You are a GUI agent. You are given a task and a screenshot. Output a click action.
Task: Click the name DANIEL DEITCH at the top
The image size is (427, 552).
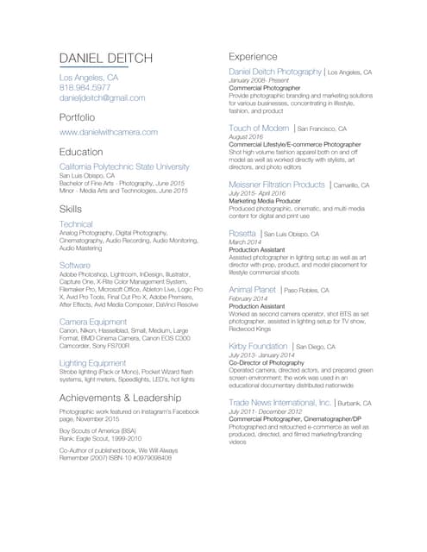click(x=105, y=58)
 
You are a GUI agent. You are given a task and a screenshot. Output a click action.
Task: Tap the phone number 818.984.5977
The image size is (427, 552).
click(x=85, y=88)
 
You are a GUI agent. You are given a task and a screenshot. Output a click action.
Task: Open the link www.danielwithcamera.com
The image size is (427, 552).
click(x=108, y=132)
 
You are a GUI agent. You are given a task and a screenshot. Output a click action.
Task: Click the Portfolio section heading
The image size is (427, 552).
click(x=77, y=116)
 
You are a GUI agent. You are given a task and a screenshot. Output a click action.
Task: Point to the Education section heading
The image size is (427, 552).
click(x=79, y=149)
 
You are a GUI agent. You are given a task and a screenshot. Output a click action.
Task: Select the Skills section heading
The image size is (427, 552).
click(x=71, y=209)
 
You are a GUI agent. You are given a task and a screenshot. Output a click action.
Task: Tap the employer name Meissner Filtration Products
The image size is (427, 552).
click(x=277, y=185)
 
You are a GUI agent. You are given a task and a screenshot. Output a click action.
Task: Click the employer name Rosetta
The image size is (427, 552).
click(x=242, y=234)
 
